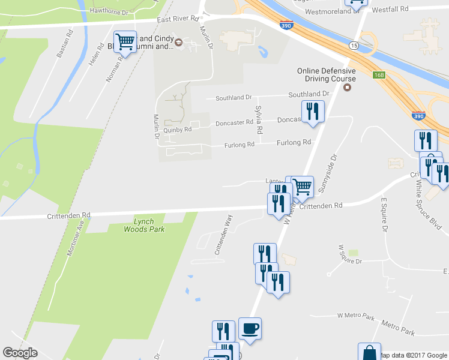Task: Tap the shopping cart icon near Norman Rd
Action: tap(125, 42)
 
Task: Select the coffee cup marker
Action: tap(250, 329)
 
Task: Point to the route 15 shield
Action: tap(354, 46)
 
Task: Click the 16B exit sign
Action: tap(379, 75)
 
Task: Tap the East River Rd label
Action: tap(178, 19)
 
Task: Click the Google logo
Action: tap(20, 353)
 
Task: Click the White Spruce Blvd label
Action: tap(430, 208)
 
